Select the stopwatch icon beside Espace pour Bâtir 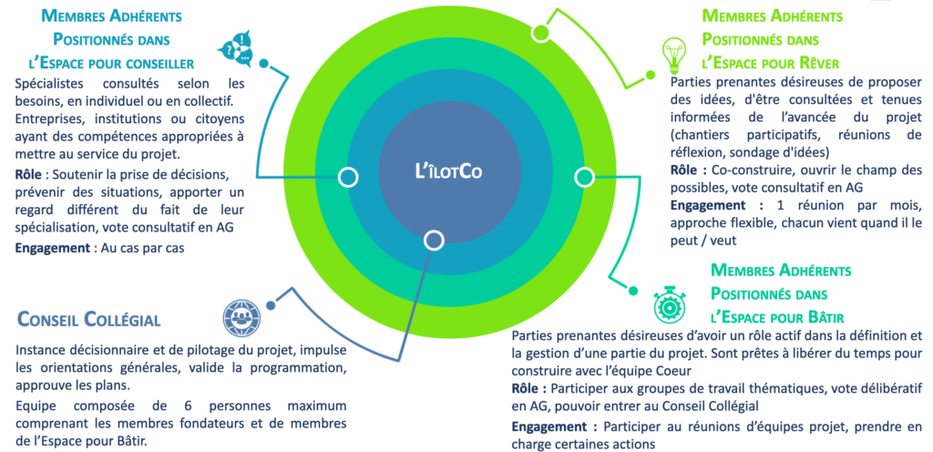tap(668, 302)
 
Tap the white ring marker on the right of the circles tap(583, 176)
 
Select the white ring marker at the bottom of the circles tap(434, 241)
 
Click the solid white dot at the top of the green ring tap(540, 34)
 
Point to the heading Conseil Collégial tap(89, 320)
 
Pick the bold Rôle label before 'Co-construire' tap(690, 169)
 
